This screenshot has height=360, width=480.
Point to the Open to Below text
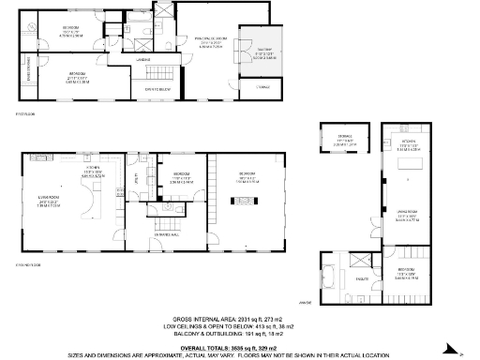[x=142, y=90]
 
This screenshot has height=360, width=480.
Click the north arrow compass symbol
[x=460, y=352]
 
